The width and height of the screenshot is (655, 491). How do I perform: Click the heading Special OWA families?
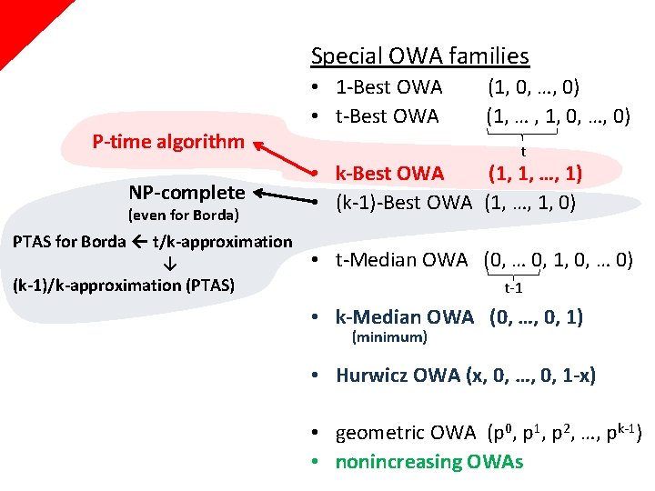click(x=419, y=55)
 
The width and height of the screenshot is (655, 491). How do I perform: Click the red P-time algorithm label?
click(x=168, y=141)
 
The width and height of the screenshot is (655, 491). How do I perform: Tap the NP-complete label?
click(x=186, y=192)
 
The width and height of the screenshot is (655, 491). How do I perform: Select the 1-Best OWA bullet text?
click(x=388, y=88)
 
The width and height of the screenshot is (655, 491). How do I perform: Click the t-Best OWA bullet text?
click(x=387, y=116)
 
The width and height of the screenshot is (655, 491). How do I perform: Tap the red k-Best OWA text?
click(x=389, y=173)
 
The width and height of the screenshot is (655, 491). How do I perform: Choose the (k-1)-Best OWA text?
click(x=404, y=201)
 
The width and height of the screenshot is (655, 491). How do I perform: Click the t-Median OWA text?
click(x=405, y=260)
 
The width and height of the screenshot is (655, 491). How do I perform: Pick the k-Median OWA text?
click(x=405, y=317)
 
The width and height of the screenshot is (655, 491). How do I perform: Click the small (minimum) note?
click(x=388, y=337)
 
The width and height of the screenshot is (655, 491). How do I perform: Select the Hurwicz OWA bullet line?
click(x=466, y=376)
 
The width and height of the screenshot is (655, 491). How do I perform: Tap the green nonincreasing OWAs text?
click(x=429, y=462)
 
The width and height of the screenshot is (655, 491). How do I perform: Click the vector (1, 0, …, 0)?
click(x=534, y=88)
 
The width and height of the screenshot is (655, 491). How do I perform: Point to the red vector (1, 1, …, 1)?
click(x=535, y=173)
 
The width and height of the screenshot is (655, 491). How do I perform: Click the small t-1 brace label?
click(x=513, y=288)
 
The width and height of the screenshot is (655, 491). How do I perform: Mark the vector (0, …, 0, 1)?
click(x=536, y=317)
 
